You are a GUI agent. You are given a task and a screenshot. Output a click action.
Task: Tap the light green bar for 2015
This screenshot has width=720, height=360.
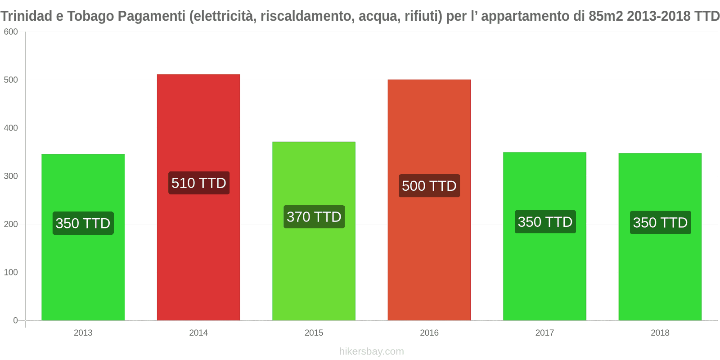click(314, 270)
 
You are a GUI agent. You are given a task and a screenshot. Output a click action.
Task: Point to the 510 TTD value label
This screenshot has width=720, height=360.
click(198, 183)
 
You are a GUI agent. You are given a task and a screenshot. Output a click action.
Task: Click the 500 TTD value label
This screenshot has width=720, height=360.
click(429, 186)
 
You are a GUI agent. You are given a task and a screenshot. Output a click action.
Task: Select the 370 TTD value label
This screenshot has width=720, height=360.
click(314, 217)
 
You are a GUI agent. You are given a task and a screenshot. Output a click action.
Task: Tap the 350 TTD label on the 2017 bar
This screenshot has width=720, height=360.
click(544, 222)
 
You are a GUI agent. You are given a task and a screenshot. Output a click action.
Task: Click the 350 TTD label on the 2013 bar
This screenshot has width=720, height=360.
click(83, 223)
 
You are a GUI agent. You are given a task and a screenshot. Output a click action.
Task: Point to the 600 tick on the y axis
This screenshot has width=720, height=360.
click(11, 32)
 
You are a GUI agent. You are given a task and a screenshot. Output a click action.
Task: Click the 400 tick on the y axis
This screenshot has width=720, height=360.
click(11, 128)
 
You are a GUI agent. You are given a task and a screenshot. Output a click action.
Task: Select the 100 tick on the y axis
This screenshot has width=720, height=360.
click(11, 272)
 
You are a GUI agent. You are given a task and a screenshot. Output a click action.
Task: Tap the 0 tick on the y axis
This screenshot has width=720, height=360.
click(15, 320)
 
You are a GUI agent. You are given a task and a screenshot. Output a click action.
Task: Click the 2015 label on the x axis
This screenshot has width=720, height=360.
click(314, 333)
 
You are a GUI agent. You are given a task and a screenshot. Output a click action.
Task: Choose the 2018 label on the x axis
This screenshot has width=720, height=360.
click(660, 333)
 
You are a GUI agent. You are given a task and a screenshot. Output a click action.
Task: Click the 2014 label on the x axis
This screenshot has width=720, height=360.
click(198, 333)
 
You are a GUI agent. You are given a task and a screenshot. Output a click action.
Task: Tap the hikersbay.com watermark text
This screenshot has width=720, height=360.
click(371, 351)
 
